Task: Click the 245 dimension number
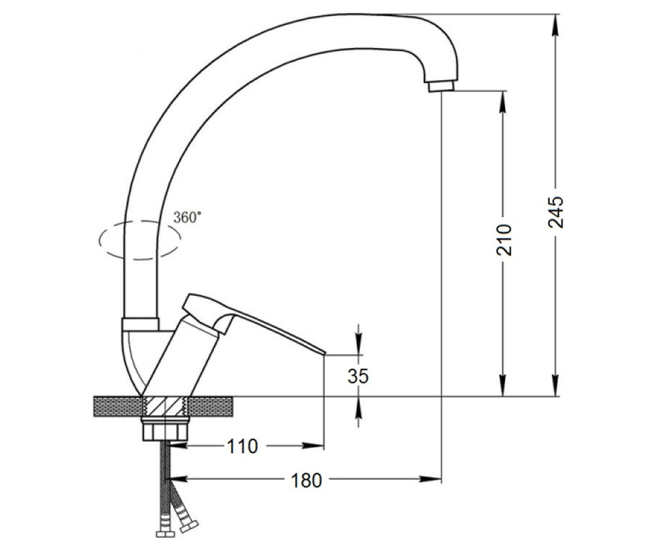pyautogui.click(x=556, y=212)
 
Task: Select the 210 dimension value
pyautogui.click(x=504, y=240)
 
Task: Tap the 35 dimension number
pyautogui.click(x=358, y=376)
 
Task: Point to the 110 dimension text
pyautogui.click(x=243, y=447)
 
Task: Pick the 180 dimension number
pyautogui.click(x=306, y=480)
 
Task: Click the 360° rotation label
pyautogui.click(x=187, y=217)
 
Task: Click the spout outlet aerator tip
pyautogui.click(x=441, y=86)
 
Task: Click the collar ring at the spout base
pyautogui.click(x=140, y=324)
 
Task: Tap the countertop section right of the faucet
pyautogui.click(x=210, y=406)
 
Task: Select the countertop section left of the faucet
pyautogui.click(x=118, y=406)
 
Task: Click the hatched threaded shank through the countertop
pyautogui.click(x=165, y=406)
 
